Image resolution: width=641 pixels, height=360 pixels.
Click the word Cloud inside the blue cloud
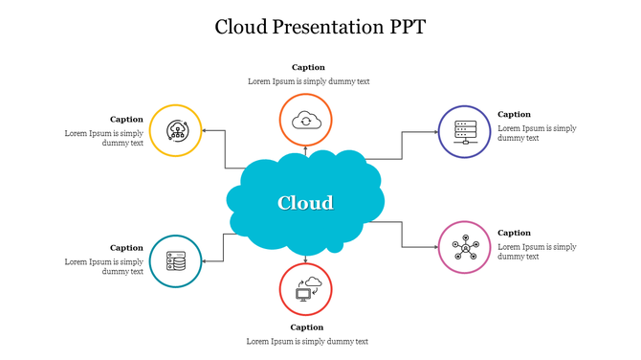(x=305, y=203)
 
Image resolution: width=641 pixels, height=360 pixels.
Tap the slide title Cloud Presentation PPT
(x=320, y=27)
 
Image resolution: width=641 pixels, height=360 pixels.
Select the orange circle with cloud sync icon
(x=305, y=120)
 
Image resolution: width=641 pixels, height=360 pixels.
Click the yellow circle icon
(x=176, y=130)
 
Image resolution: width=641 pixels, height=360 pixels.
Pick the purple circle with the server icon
(x=465, y=131)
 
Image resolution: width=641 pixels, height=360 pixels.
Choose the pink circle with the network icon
(x=465, y=247)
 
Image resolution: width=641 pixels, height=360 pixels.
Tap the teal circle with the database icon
(x=176, y=260)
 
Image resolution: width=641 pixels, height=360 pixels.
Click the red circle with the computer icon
(x=305, y=289)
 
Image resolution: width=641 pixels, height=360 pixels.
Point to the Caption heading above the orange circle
(x=308, y=67)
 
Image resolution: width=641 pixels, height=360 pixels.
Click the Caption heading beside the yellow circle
(x=126, y=120)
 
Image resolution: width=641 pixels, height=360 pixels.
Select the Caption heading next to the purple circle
(x=514, y=114)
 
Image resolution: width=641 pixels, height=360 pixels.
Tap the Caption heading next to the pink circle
(x=514, y=233)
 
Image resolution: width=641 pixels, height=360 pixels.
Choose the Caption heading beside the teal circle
(x=126, y=248)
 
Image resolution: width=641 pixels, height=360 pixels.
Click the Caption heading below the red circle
(x=306, y=327)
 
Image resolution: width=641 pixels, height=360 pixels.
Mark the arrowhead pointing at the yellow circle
(x=205, y=130)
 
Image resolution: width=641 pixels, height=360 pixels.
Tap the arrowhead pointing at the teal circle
(x=205, y=260)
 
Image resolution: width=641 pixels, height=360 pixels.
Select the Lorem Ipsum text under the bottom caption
(x=306, y=341)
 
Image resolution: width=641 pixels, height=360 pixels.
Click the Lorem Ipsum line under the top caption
(x=308, y=81)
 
